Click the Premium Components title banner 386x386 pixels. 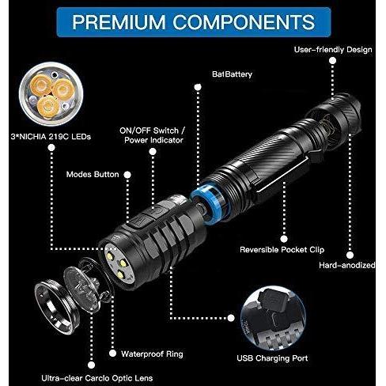194,22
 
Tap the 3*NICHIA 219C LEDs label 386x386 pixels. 51,137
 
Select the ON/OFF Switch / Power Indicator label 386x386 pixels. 153,135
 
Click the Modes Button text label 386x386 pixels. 93,174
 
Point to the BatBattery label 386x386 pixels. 232,74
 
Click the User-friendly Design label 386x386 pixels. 333,50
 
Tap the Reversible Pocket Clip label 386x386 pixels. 282,250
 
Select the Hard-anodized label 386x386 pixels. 347,265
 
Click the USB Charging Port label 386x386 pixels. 272,358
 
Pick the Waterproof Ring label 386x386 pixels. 152,354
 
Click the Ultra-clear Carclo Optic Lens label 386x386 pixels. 97,378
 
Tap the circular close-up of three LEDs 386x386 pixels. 51,94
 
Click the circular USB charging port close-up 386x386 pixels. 273,318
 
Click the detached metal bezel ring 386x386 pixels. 57,308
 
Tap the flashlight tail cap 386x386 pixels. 335,117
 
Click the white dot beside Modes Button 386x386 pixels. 127,175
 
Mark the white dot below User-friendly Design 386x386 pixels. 333,61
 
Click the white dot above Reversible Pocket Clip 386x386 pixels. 284,239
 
